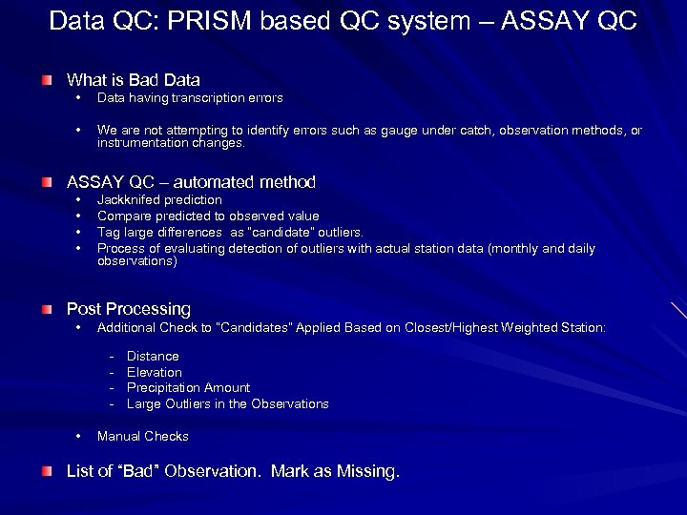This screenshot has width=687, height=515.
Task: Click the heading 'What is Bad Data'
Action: coord(133,80)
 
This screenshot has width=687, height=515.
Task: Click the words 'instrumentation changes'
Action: coord(171,143)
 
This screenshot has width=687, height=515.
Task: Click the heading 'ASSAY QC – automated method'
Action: coord(190,182)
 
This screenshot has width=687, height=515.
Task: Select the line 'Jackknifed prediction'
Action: coord(159,200)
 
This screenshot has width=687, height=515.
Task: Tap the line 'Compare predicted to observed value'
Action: coord(208,216)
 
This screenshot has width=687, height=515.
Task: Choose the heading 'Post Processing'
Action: coord(128,309)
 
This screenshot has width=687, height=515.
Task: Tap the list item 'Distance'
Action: coord(153,357)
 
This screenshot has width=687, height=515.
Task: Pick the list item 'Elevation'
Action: coord(154,373)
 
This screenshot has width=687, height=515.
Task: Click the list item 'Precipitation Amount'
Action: coord(188,388)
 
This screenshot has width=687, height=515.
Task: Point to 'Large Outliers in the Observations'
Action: coord(227,404)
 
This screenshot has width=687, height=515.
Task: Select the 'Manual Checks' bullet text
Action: coord(143,437)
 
